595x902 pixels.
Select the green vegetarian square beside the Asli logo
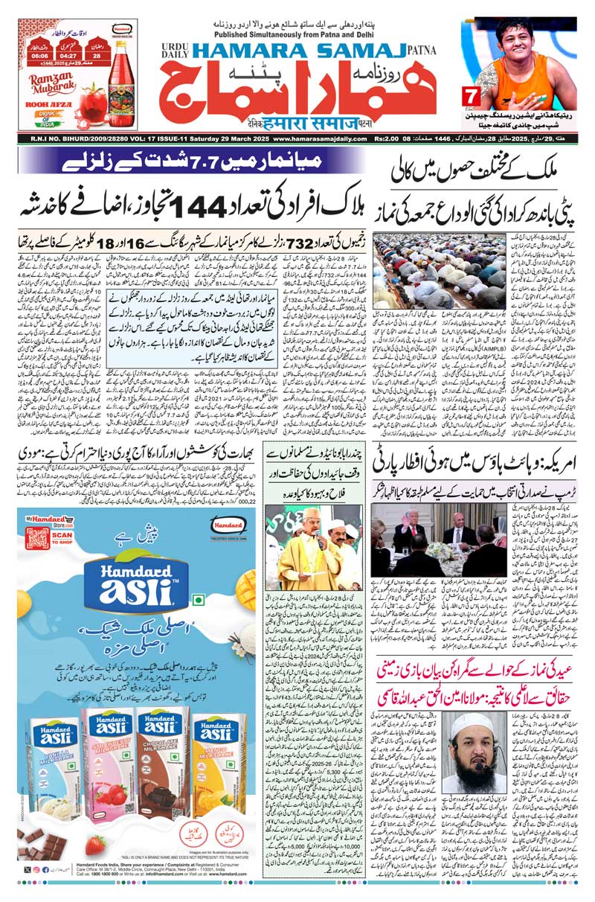(176, 598)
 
